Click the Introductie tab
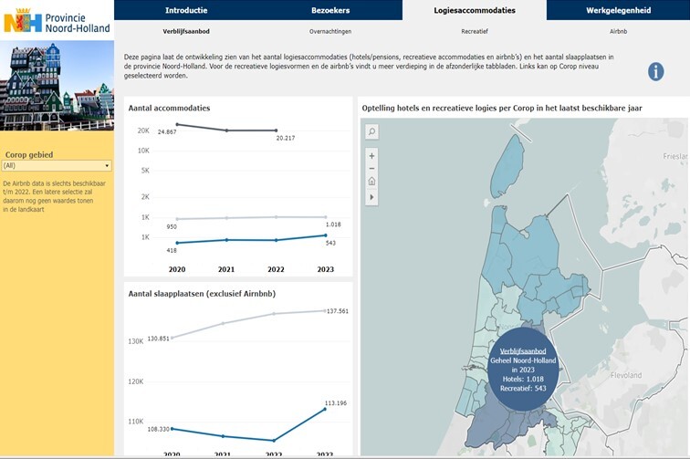185,10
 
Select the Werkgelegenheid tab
618,10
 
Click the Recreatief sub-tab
474,31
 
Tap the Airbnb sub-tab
618,31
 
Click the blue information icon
655,71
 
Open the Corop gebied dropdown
57,165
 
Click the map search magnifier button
371,132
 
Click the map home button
371,182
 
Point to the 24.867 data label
167,133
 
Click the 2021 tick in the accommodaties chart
226,269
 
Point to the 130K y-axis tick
135,341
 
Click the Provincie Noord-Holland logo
57,20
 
